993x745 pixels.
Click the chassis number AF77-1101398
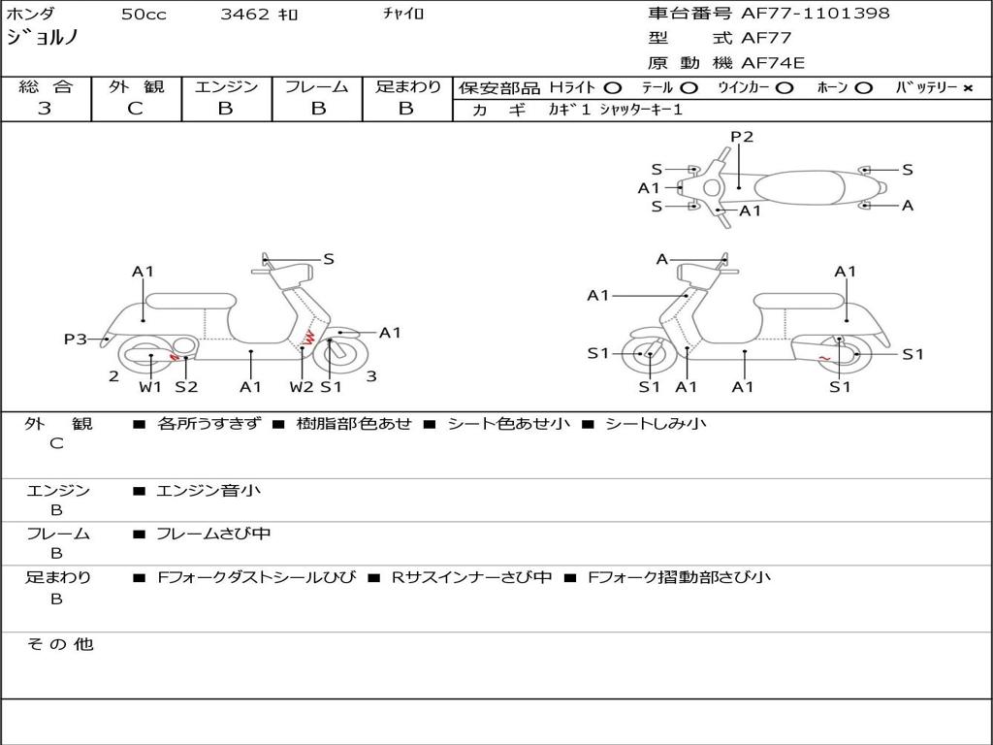(815, 14)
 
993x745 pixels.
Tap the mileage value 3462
(245, 14)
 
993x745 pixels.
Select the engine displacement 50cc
(144, 14)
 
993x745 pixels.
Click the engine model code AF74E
(773, 63)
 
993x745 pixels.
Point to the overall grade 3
(45, 109)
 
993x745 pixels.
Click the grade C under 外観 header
(136, 109)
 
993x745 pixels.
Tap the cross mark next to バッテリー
(968, 88)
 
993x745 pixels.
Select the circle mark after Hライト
(613, 88)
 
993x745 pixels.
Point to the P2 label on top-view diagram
(742, 137)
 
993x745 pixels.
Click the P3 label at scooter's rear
(76, 339)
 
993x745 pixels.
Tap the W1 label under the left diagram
(150, 386)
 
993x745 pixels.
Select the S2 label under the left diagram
(187, 386)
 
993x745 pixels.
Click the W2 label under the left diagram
(302, 386)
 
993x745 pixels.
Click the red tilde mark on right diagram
(824, 359)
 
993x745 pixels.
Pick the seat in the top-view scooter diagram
(799, 188)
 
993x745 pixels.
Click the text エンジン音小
(208, 490)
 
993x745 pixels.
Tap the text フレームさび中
(213, 534)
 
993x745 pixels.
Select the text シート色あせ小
(509, 424)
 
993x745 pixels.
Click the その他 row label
(60, 644)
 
